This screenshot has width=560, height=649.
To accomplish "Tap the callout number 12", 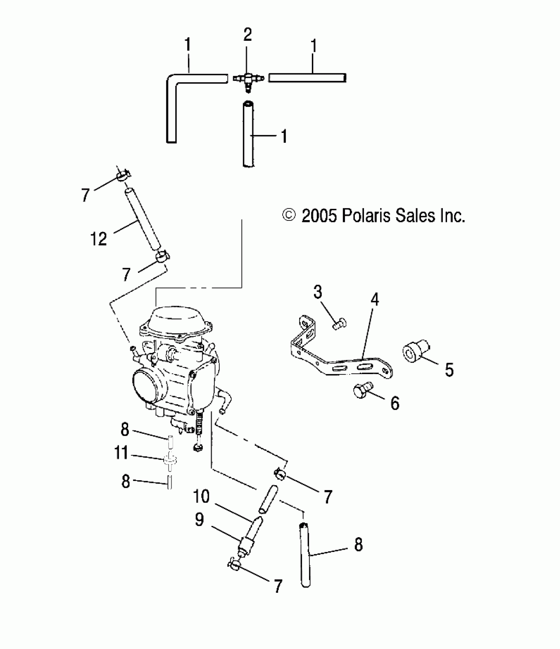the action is [98, 239].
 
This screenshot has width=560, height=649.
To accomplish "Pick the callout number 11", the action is [121, 453].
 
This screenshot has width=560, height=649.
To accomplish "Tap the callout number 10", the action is [201, 496].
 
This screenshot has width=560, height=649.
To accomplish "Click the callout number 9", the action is [199, 520].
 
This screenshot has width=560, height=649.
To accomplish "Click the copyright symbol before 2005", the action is [289, 216].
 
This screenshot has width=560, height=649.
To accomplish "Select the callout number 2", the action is [248, 35].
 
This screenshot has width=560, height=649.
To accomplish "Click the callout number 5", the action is [449, 370].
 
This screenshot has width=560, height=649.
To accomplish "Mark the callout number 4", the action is [375, 300].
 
